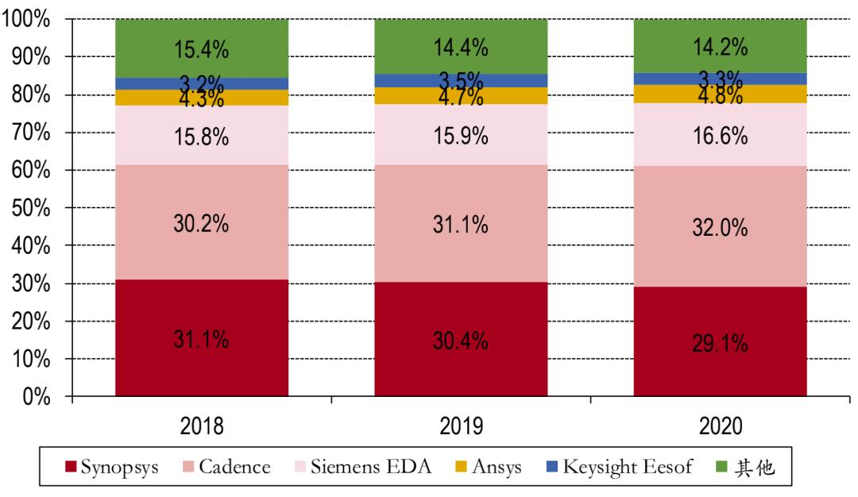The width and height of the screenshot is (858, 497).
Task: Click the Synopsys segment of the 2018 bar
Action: pyautogui.click(x=201, y=365)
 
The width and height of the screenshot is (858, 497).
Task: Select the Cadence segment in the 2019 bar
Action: pyautogui.click(x=461, y=198)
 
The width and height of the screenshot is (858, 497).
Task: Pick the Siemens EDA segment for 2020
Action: pyautogui.click(x=720, y=147)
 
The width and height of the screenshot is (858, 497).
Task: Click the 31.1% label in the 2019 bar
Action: pyautogui.click(x=461, y=225)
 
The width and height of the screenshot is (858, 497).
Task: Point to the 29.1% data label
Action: pyautogui.click(x=720, y=343)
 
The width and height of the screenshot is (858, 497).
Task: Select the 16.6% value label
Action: pyautogui.click(x=720, y=137)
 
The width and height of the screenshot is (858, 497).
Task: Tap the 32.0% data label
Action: pyautogui.click(x=720, y=229)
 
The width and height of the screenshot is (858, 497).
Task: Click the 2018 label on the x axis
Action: pyautogui.click(x=201, y=426)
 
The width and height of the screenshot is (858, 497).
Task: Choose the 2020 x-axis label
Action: pyautogui.click(x=720, y=426)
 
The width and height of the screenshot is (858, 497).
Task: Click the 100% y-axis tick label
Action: pyautogui.click(x=25, y=20)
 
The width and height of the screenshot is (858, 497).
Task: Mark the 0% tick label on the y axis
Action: pyautogui.click(x=35, y=396)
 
